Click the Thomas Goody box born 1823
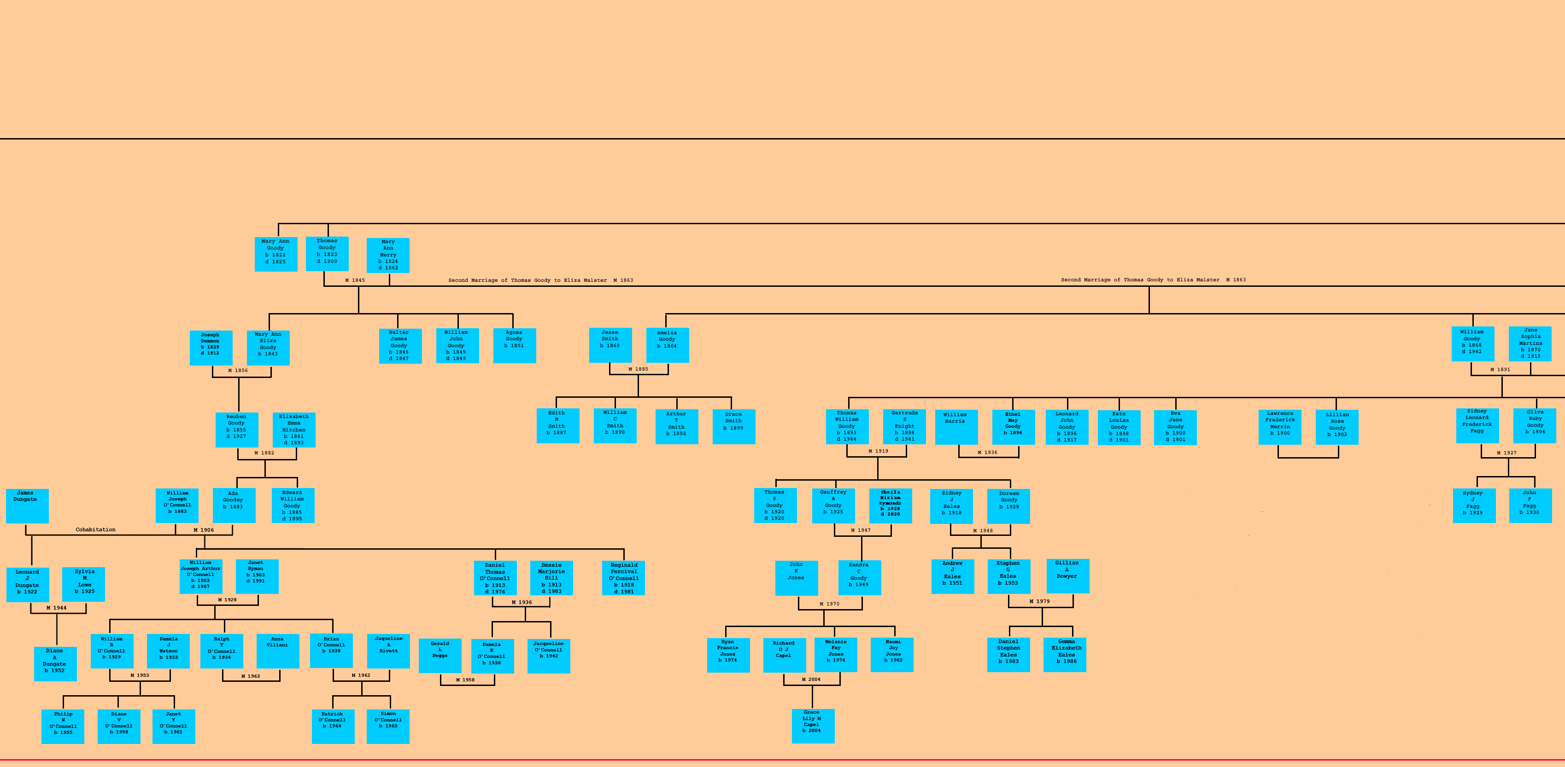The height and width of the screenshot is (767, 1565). click(327, 253)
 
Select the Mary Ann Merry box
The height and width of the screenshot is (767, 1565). click(387, 255)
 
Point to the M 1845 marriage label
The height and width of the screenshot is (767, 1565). click(355, 280)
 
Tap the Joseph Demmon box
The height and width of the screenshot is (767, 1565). click(211, 348)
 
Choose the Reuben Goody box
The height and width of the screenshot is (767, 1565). click(236, 430)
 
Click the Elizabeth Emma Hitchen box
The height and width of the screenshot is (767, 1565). click(294, 430)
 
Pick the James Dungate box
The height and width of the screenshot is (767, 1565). click(27, 505)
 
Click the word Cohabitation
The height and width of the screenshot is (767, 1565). click(95, 529)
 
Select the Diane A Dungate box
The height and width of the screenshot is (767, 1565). click(55, 663)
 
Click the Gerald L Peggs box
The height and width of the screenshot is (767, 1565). click(440, 655)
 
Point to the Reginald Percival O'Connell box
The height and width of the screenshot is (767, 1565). click(623, 577)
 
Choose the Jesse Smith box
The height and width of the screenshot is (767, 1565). click(610, 345)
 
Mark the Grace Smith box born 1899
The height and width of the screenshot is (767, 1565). click(733, 426)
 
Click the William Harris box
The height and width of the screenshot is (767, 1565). click(955, 426)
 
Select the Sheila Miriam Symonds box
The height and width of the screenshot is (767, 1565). click(890, 505)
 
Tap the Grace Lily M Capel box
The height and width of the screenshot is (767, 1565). click(812, 725)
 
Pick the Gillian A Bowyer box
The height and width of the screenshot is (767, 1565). click(1067, 575)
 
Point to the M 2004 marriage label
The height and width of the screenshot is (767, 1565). click(810, 680)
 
